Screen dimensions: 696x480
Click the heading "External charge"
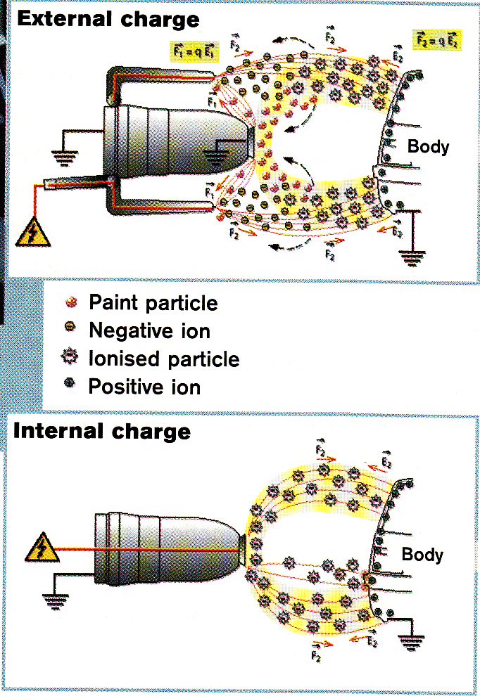pos(108,19)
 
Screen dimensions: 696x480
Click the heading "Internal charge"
pos(102,430)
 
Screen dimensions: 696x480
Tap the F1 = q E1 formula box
pos(192,49)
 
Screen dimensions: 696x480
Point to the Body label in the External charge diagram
pos(428,147)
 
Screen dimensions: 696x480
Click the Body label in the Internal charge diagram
pos(422,555)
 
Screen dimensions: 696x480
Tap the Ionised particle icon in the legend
pos(71,359)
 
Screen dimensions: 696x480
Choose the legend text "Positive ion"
pos(144,386)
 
